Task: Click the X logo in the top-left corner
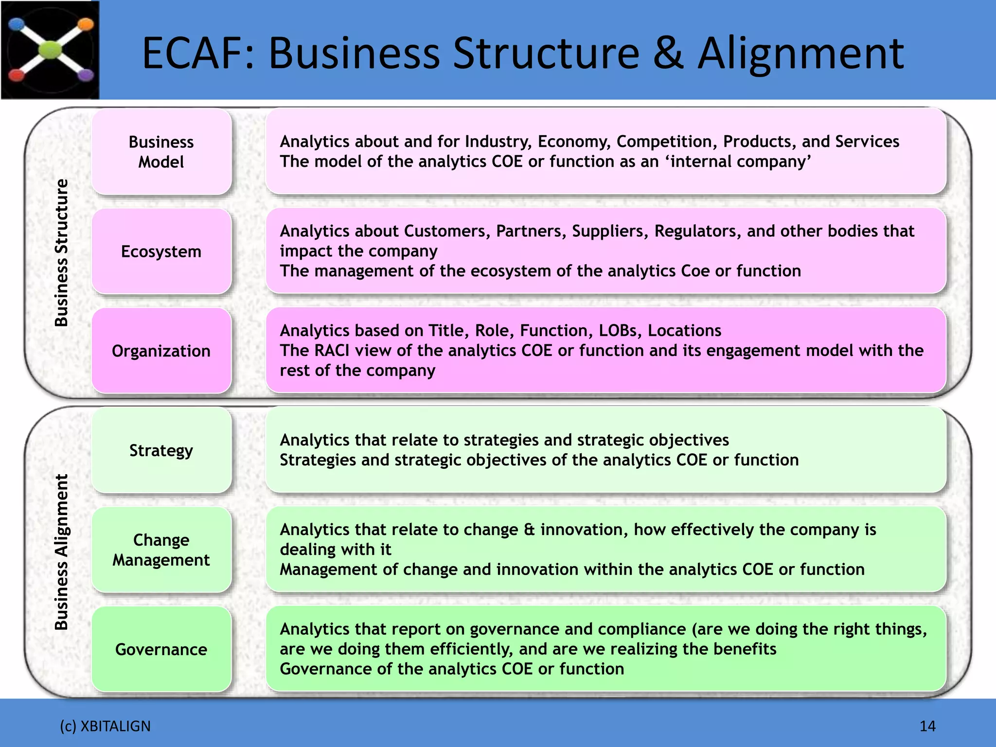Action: click(x=50, y=50)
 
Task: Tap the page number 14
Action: click(x=927, y=726)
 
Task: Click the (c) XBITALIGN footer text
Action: click(x=105, y=726)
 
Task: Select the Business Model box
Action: click(x=161, y=152)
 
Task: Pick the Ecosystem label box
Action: click(x=161, y=251)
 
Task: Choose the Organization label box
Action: click(x=161, y=351)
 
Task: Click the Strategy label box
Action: click(x=161, y=450)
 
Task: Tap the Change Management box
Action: click(x=161, y=550)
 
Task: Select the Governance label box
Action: click(x=161, y=649)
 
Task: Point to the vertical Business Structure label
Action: click(x=61, y=253)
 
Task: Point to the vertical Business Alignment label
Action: click(x=61, y=552)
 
